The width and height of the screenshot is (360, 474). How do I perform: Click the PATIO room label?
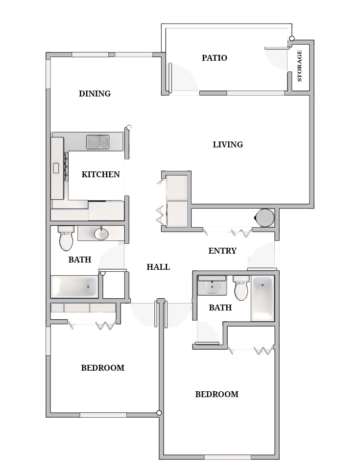pos(215,58)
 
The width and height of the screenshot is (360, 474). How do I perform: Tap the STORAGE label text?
pos(300,66)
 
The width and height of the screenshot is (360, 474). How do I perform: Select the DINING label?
pos(95,94)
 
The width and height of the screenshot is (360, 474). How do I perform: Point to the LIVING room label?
pos(228,144)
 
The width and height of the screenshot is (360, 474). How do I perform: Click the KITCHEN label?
pos(100,174)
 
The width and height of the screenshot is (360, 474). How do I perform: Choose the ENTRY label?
pos(222,251)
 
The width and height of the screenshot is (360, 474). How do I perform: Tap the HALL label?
pos(158,267)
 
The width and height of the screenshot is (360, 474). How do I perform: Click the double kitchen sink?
pos(98,142)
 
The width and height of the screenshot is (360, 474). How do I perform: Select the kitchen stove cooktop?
pos(65,167)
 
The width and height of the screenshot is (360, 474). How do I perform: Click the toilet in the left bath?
pos(66,238)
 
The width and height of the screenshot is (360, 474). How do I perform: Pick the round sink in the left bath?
pos(101,234)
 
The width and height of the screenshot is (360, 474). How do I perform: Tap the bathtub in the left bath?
pos(74,287)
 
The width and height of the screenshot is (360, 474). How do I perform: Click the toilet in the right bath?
pos(241,289)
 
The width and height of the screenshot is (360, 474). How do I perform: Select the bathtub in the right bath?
pos(263,298)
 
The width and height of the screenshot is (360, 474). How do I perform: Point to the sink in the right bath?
pos(212,286)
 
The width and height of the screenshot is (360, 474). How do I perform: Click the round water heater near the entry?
pos(265,218)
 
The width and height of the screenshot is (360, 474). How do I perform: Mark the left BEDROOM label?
pos(102,368)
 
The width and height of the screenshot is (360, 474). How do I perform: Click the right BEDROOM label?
pos(216,394)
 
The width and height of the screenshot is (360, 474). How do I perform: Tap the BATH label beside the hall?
pos(80,260)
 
